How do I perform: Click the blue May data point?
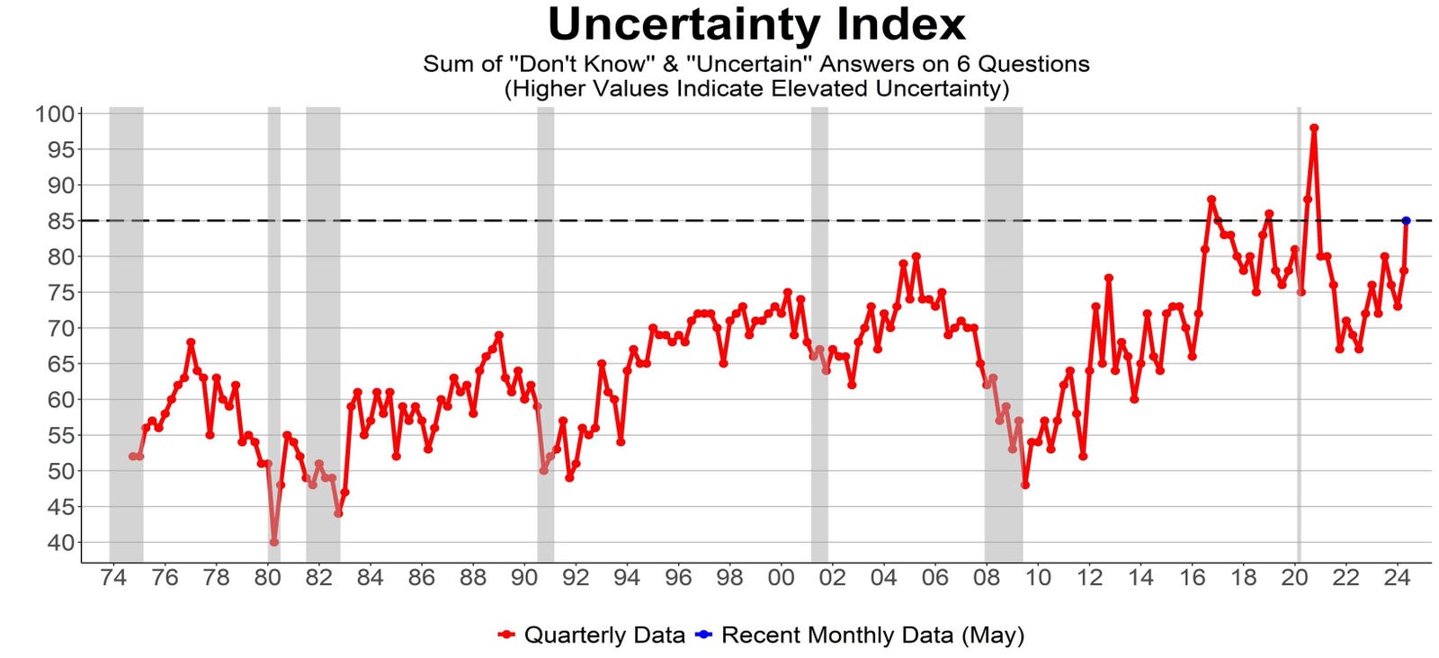pyautogui.click(x=1406, y=220)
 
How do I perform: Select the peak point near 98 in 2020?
pyautogui.click(x=1314, y=128)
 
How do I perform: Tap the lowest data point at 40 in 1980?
pyautogui.click(x=273, y=542)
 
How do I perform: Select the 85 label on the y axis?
pyautogui.click(x=58, y=221)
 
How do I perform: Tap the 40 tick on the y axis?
pyautogui.click(x=58, y=542)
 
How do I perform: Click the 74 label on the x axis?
pyautogui.click(x=113, y=578)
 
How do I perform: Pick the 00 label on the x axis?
pyautogui.click(x=781, y=578)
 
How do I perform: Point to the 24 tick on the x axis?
pyautogui.click(x=1397, y=578)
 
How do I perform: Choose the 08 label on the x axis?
pyautogui.click(x=987, y=578)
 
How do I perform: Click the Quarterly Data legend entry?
pyautogui.click(x=603, y=636)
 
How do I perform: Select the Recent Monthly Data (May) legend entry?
pyautogui.click(x=872, y=636)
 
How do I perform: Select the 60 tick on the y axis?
pyautogui.click(x=58, y=399)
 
